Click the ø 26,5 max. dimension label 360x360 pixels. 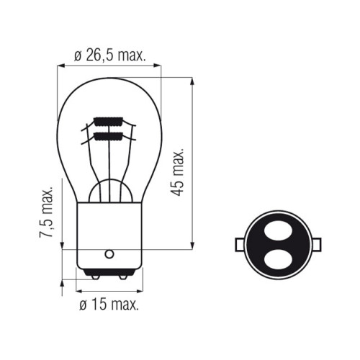tap(110, 55)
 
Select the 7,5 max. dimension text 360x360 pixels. tap(46, 212)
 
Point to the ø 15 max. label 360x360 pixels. tap(109, 305)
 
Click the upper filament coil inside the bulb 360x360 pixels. tap(109, 122)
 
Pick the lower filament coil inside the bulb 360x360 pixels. tap(109, 136)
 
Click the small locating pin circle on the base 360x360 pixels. tap(109, 254)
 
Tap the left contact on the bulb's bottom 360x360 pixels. tap(95, 277)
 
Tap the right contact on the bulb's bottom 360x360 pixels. tap(123, 277)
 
